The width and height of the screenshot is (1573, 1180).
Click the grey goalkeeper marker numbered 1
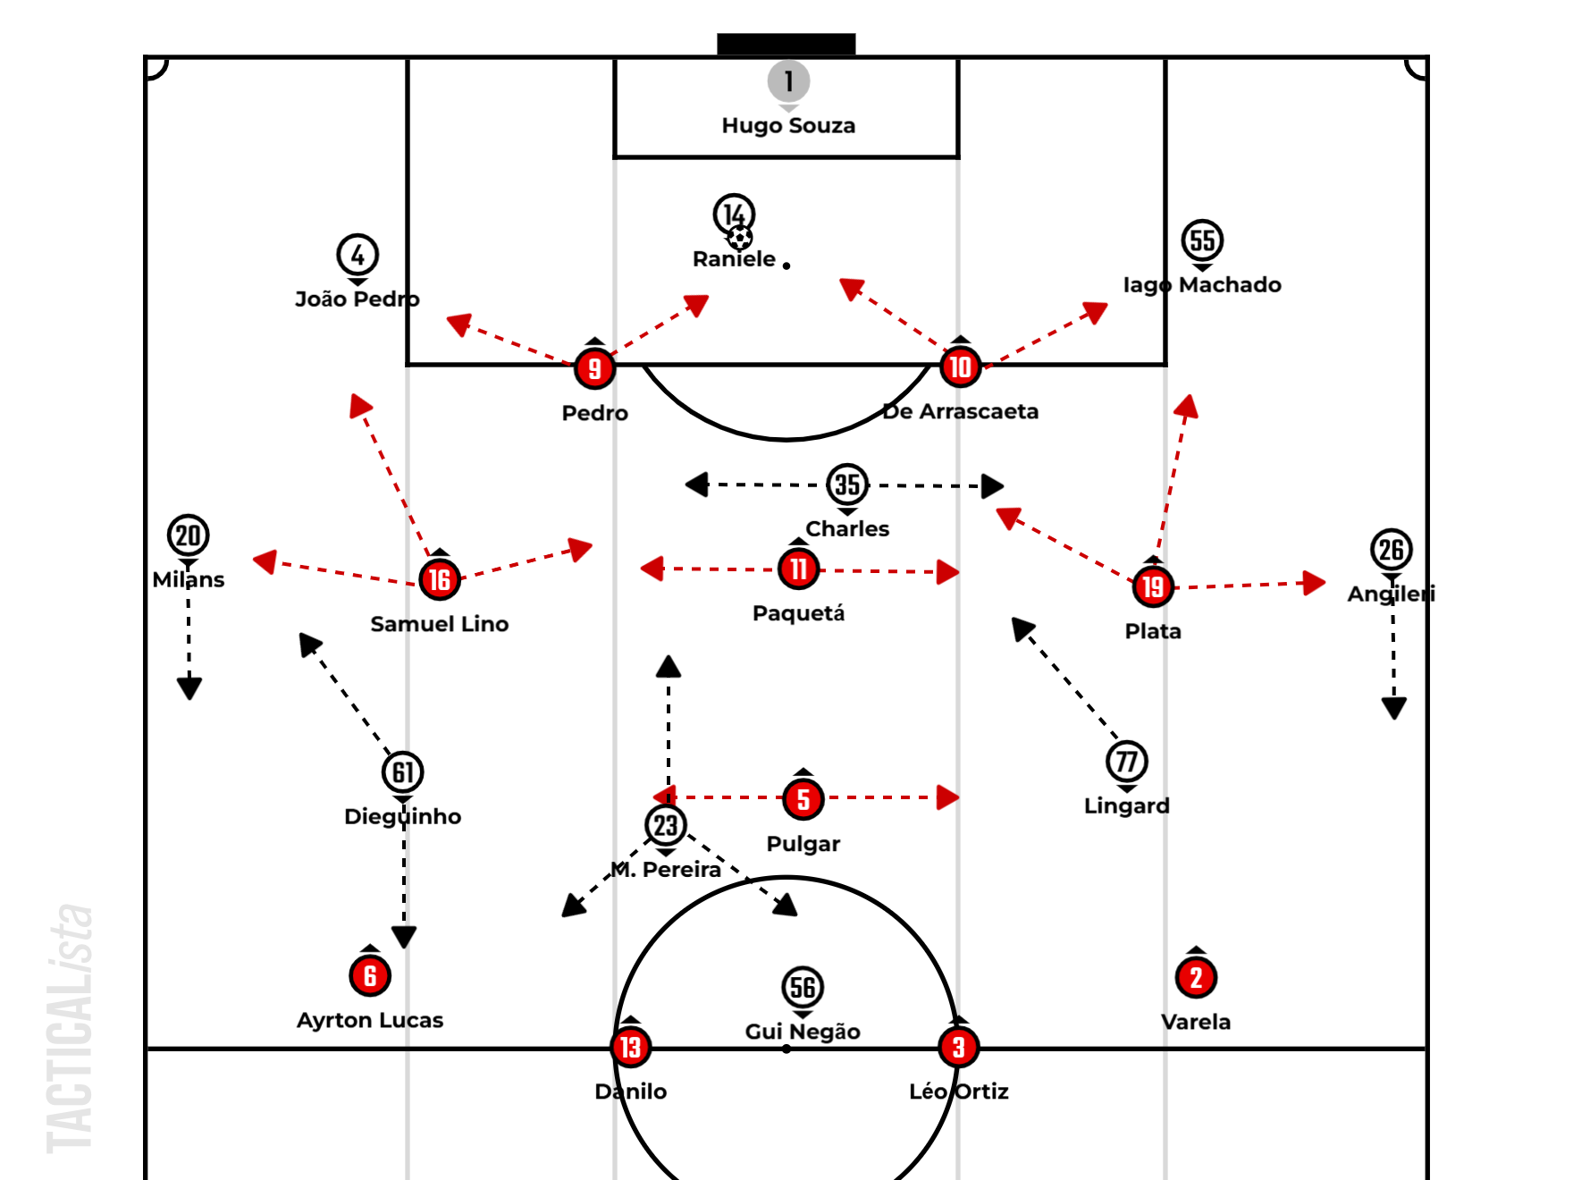point(788,81)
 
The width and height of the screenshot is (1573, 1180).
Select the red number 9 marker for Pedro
point(594,368)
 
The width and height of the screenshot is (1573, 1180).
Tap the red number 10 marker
point(961,367)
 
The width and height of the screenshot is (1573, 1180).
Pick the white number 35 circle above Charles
point(847,485)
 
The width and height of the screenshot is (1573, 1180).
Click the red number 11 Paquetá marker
point(798,569)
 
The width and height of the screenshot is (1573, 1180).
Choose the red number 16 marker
point(440,579)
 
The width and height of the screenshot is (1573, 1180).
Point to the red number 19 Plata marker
point(1153,586)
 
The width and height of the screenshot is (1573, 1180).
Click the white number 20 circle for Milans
point(188,535)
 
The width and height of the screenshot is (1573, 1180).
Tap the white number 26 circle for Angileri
point(1392,550)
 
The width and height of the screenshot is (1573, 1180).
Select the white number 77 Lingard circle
point(1127,762)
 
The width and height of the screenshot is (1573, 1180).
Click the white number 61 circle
point(403,772)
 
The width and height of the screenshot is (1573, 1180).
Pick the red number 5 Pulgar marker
point(803,799)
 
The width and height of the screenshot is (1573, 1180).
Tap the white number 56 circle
point(803,987)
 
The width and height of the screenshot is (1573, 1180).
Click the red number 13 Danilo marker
point(631,1047)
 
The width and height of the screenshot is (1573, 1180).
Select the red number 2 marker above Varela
point(1196,978)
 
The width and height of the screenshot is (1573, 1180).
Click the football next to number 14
point(739,238)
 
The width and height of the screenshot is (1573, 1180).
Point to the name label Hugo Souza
point(788,125)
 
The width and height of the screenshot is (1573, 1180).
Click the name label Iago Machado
point(1202,284)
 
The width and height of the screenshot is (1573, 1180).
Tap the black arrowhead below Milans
point(189,687)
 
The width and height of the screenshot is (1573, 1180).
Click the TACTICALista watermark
point(70,1028)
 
